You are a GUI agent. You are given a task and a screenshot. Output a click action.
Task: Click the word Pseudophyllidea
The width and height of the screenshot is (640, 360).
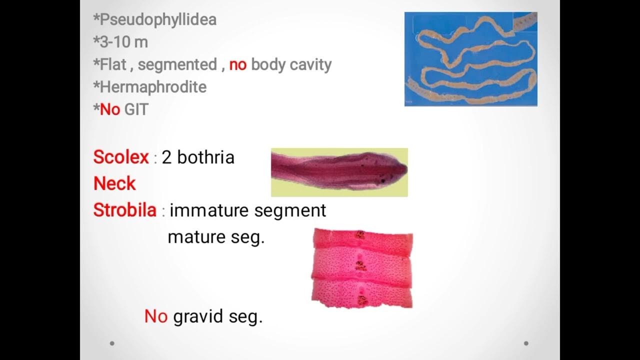pos(158,20)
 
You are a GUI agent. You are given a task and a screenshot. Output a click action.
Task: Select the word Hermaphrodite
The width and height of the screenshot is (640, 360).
pos(153,87)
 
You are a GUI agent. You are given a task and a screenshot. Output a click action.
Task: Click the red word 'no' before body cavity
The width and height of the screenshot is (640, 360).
pos(238,64)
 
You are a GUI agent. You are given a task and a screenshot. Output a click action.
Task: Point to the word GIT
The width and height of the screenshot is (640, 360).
pos(136,109)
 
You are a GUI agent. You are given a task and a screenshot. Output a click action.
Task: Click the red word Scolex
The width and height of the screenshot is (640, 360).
pos(121,157)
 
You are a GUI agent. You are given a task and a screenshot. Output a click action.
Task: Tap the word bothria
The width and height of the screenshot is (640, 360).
pos(205,157)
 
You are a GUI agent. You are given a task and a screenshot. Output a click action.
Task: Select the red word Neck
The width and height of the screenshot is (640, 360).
pos(114,183)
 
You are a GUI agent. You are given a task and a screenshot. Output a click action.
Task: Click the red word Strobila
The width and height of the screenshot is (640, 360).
pos(125,210)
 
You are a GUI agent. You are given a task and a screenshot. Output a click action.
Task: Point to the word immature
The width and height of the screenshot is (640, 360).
pos(209,210)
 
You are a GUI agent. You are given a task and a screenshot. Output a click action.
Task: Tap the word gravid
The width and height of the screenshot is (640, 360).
pos(198,316)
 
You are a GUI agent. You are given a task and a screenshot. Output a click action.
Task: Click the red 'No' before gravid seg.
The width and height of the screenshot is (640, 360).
pos(155,316)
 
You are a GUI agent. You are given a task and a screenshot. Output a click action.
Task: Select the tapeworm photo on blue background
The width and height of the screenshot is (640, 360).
pos(470,59)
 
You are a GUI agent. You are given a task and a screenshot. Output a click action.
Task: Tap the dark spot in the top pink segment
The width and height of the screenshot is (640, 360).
pos(359,234)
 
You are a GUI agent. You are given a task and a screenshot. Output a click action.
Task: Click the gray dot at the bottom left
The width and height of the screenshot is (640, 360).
pos(112,343)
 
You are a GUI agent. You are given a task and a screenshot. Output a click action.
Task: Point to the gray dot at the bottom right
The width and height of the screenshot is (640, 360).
pos(526,343)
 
